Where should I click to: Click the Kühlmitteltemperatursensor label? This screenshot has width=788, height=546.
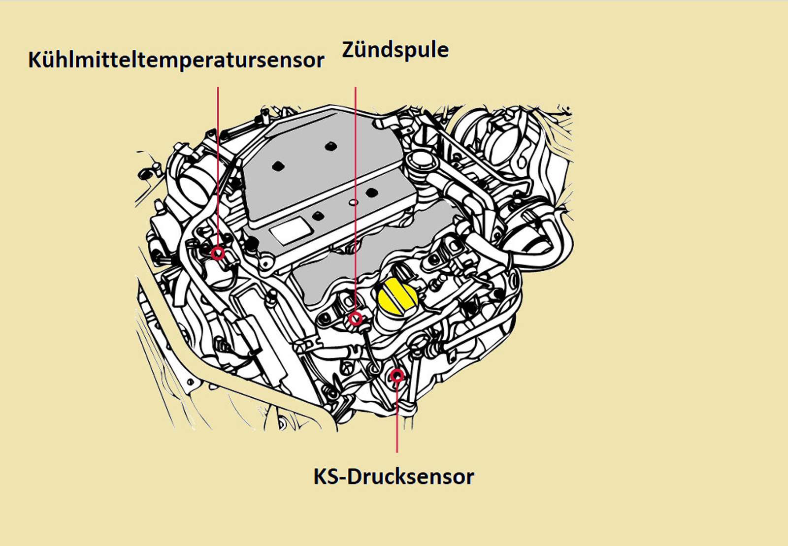(176, 60)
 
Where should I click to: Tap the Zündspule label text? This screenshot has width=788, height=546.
(395, 50)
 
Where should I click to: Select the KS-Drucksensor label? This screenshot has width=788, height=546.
(394, 477)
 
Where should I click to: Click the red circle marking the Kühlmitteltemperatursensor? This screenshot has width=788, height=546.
(218, 254)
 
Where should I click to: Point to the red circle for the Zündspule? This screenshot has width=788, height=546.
(355, 319)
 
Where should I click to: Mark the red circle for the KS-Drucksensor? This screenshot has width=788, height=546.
(397, 376)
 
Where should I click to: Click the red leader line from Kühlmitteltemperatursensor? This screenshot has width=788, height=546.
(218, 167)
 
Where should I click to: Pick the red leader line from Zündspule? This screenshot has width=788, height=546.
(355, 197)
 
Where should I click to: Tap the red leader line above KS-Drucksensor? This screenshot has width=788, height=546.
(397, 418)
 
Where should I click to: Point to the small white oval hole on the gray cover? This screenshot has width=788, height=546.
(353, 202)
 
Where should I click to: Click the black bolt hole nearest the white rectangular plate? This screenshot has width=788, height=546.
(318, 215)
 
